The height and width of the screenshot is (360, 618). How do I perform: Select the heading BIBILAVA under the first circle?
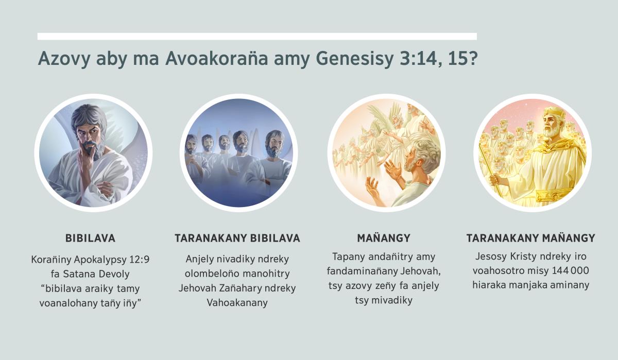pos(90,238)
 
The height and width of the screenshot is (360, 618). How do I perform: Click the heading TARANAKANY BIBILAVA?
pos(237,238)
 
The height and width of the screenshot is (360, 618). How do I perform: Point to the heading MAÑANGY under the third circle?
pos(384,238)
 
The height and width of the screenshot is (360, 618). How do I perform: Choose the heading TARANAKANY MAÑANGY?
pos(530,238)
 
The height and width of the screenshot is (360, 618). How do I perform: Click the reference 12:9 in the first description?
pos(136,260)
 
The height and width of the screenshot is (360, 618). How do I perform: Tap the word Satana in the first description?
pos(77,274)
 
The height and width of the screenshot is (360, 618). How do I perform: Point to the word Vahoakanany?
pos(237,302)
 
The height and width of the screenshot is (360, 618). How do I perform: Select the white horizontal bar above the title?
pos(257,37)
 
